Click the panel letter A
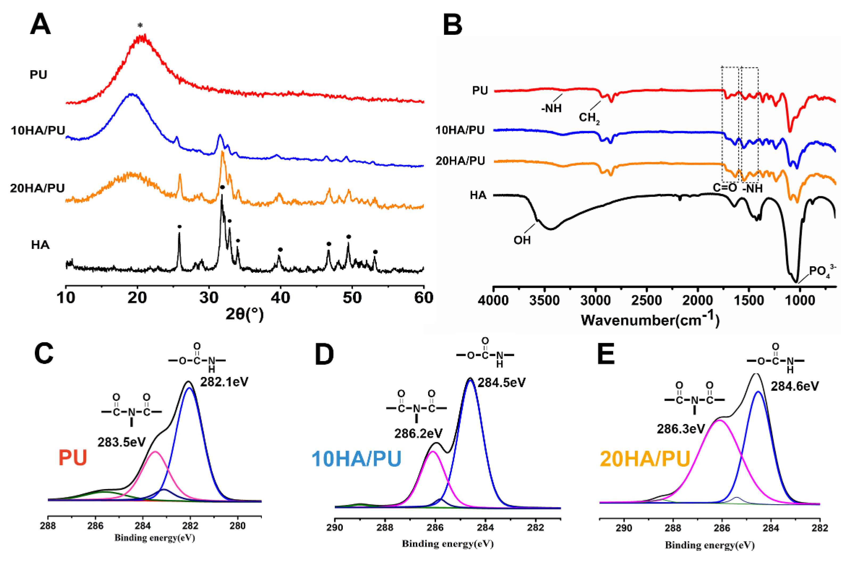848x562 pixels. pos(40,25)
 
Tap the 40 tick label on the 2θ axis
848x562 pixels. pos(280,298)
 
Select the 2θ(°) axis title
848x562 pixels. pos(245,314)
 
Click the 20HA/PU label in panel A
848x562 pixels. pos(37,188)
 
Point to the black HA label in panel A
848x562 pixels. pos(40,245)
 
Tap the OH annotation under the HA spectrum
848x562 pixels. pos(522,240)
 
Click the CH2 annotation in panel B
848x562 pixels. pos(589,117)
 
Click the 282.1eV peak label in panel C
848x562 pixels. pos(224,382)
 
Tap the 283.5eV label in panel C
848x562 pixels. pos(121,442)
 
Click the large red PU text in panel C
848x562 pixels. pos(73,458)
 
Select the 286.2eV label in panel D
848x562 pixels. pos(418,433)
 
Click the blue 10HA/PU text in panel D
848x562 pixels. pos(356,459)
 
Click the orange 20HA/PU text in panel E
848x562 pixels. pos(645,459)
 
